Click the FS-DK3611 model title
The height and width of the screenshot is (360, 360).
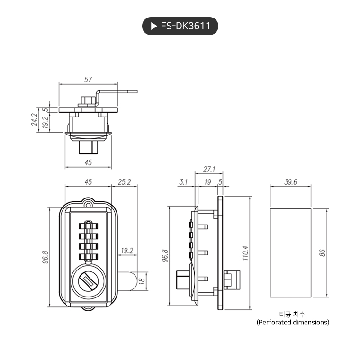point(185,27)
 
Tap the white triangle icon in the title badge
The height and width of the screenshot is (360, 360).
point(153,27)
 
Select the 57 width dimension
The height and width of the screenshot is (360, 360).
point(88,80)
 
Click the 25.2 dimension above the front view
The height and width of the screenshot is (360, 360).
point(124,182)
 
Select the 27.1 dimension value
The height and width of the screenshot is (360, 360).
point(209,169)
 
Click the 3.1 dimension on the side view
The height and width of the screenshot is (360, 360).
point(184,182)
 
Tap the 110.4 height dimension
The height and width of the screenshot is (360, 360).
point(244,253)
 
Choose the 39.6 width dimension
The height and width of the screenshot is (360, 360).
point(290,182)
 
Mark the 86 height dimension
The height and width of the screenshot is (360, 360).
point(323,252)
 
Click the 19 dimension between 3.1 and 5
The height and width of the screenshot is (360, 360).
point(207,182)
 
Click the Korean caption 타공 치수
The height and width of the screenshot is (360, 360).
point(292,314)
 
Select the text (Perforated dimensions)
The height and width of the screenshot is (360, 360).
point(292,322)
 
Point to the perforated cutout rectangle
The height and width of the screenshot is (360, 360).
point(290,252)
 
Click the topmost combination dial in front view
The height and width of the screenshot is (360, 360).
point(88,225)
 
